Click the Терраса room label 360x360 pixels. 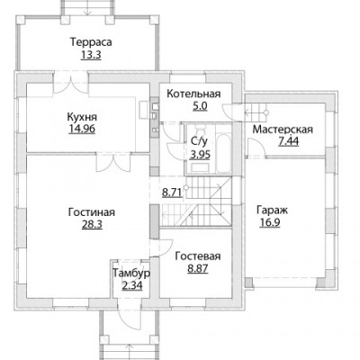tap(91, 42)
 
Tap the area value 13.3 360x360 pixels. tap(91, 55)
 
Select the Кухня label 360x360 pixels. tap(82, 116)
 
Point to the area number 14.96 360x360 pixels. tap(82, 129)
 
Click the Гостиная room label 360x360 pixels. tap(92, 212)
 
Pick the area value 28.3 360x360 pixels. tap(92, 224)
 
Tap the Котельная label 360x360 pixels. tap(193, 94)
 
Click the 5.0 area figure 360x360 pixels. tap(200, 106)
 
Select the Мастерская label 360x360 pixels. tap(283, 130)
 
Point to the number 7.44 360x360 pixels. tap(289, 141)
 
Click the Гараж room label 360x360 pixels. tap(272, 211)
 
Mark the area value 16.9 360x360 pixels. tap(270, 223)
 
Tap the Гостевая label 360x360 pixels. tap(198, 256)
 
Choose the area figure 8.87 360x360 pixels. tap(198, 268)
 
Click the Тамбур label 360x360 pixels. tap(131, 274)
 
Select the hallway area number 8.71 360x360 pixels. tap(172, 193)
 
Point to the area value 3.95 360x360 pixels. tap(200, 155)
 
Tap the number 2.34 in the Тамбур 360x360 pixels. tap(132, 285)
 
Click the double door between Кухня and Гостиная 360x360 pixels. tap(113, 163)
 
